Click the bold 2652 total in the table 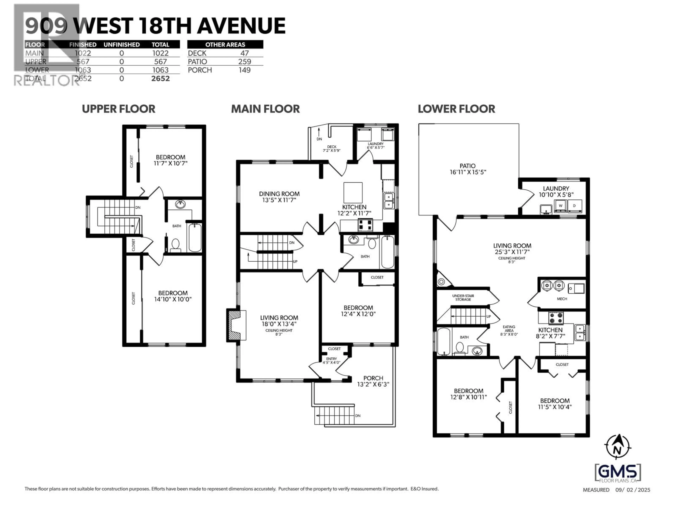pyautogui.click(x=160, y=79)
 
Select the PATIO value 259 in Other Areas pyautogui.click(x=245, y=61)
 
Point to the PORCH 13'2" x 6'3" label pyautogui.click(x=373, y=381)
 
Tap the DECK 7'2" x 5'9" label pyautogui.click(x=332, y=149)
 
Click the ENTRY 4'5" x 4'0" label pyautogui.click(x=331, y=361)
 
